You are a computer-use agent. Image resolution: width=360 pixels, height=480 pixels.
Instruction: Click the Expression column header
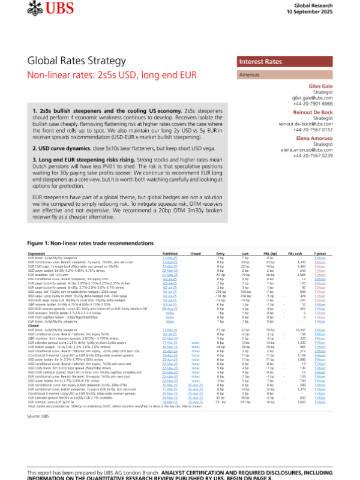tap(37, 254)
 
